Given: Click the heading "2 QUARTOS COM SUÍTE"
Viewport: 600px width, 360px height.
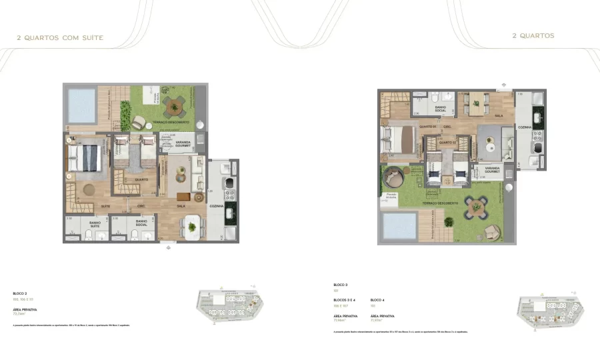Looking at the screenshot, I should pyautogui.click(x=60, y=38).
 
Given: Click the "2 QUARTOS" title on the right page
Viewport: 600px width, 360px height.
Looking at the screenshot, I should pyautogui.click(x=533, y=36).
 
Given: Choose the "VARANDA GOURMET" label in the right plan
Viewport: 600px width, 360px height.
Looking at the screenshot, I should pyautogui.click(x=492, y=170).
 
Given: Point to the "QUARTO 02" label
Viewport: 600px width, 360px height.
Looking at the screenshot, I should pyautogui.click(x=446, y=143).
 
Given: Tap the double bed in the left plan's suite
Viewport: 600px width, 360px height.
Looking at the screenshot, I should pyautogui.click(x=87, y=159).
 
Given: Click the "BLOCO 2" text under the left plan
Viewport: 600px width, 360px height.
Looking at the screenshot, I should pyautogui.click(x=20, y=293).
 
